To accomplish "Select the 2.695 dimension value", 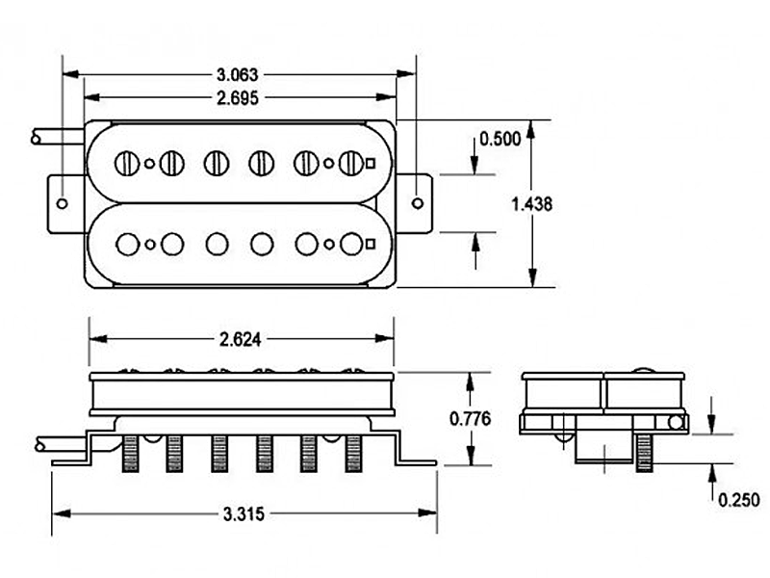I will click(x=239, y=96).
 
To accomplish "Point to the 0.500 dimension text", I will click(x=500, y=138).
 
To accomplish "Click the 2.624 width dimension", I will click(x=242, y=338).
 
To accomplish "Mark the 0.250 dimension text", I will click(x=738, y=499).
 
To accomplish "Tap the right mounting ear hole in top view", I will click(x=417, y=202).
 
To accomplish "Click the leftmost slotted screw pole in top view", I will click(x=127, y=163).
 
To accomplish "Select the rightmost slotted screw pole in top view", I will click(x=351, y=163).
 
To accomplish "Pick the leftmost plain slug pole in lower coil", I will click(x=127, y=244).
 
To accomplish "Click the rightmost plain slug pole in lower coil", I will click(x=351, y=244).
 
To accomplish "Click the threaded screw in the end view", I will click(x=643, y=452).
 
